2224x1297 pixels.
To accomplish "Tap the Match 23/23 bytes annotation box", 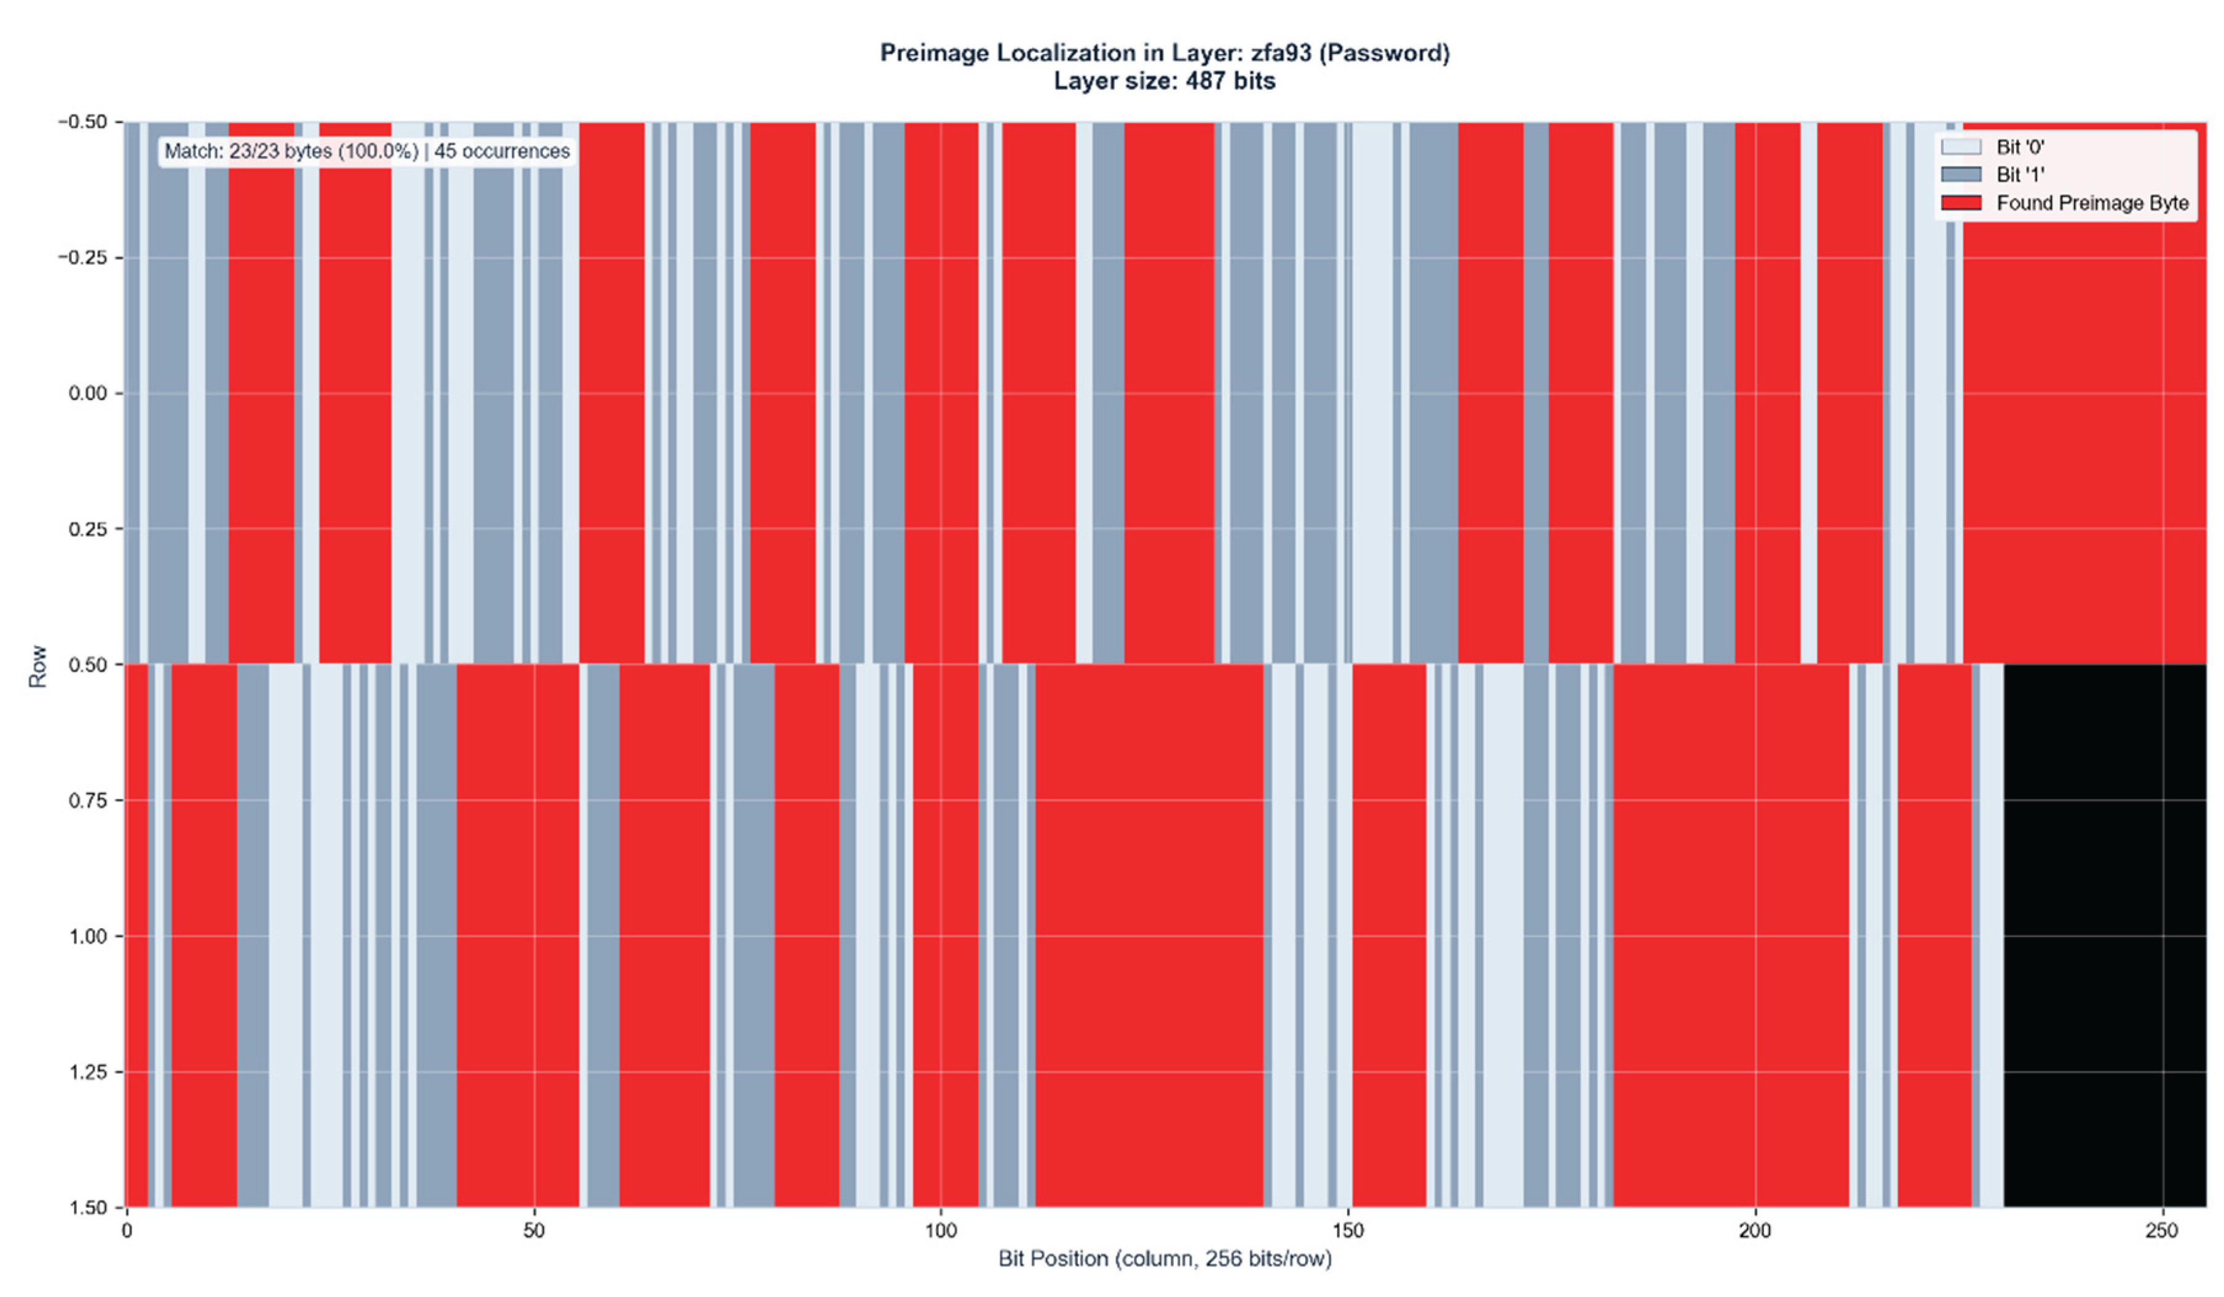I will pyautogui.click(x=367, y=151).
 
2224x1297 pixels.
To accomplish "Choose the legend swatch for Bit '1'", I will pyautogui.click(x=1961, y=175).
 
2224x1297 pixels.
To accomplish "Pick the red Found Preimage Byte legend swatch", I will pyautogui.click(x=1961, y=203).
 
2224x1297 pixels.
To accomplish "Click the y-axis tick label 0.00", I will pyautogui.click(x=89, y=393).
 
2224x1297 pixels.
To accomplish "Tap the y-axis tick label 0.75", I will pyautogui.click(x=89, y=800).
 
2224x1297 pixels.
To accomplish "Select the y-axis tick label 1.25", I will pyautogui.click(x=89, y=1072).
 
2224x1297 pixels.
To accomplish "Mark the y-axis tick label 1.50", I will pyautogui.click(x=89, y=1208).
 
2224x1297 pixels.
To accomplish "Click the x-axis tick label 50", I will pyautogui.click(x=534, y=1231).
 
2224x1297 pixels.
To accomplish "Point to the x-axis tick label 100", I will pyautogui.click(x=941, y=1231).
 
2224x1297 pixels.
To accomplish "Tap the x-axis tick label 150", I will pyautogui.click(x=1348, y=1231).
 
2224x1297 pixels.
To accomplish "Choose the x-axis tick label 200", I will pyautogui.click(x=1754, y=1231).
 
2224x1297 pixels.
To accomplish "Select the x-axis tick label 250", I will pyautogui.click(x=2161, y=1231).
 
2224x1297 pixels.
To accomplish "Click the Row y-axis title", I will pyautogui.click(x=37, y=666).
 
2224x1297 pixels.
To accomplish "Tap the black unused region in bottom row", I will pyautogui.click(x=2105, y=935).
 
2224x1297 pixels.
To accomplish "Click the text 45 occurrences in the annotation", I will pyautogui.click(x=501, y=151).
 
